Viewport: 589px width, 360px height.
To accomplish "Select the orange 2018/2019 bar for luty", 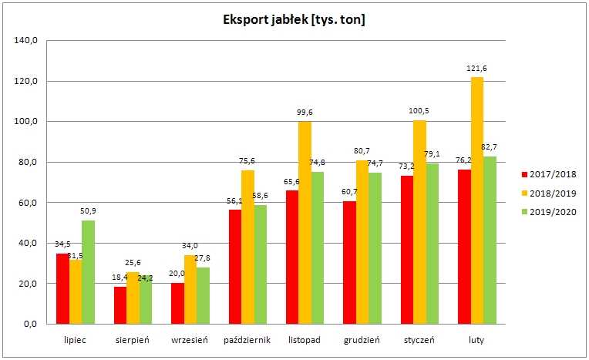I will pyautogui.click(x=477, y=200).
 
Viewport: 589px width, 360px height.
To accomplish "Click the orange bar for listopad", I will pyautogui.click(x=305, y=223).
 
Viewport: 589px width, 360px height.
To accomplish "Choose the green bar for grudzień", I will pyautogui.click(x=375, y=248).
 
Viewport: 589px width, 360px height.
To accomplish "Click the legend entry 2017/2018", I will pyautogui.click(x=549, y=173).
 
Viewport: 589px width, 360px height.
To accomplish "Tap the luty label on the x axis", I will pyautogui.click(x=477, y=339).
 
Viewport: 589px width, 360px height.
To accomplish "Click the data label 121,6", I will pyautogui.click(x=477, y=69).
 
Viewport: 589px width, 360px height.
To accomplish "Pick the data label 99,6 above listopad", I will pyautogui.click(x=305, y=113).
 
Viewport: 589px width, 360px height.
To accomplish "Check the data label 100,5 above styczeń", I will pyautogui.click(x=420, y=111).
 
